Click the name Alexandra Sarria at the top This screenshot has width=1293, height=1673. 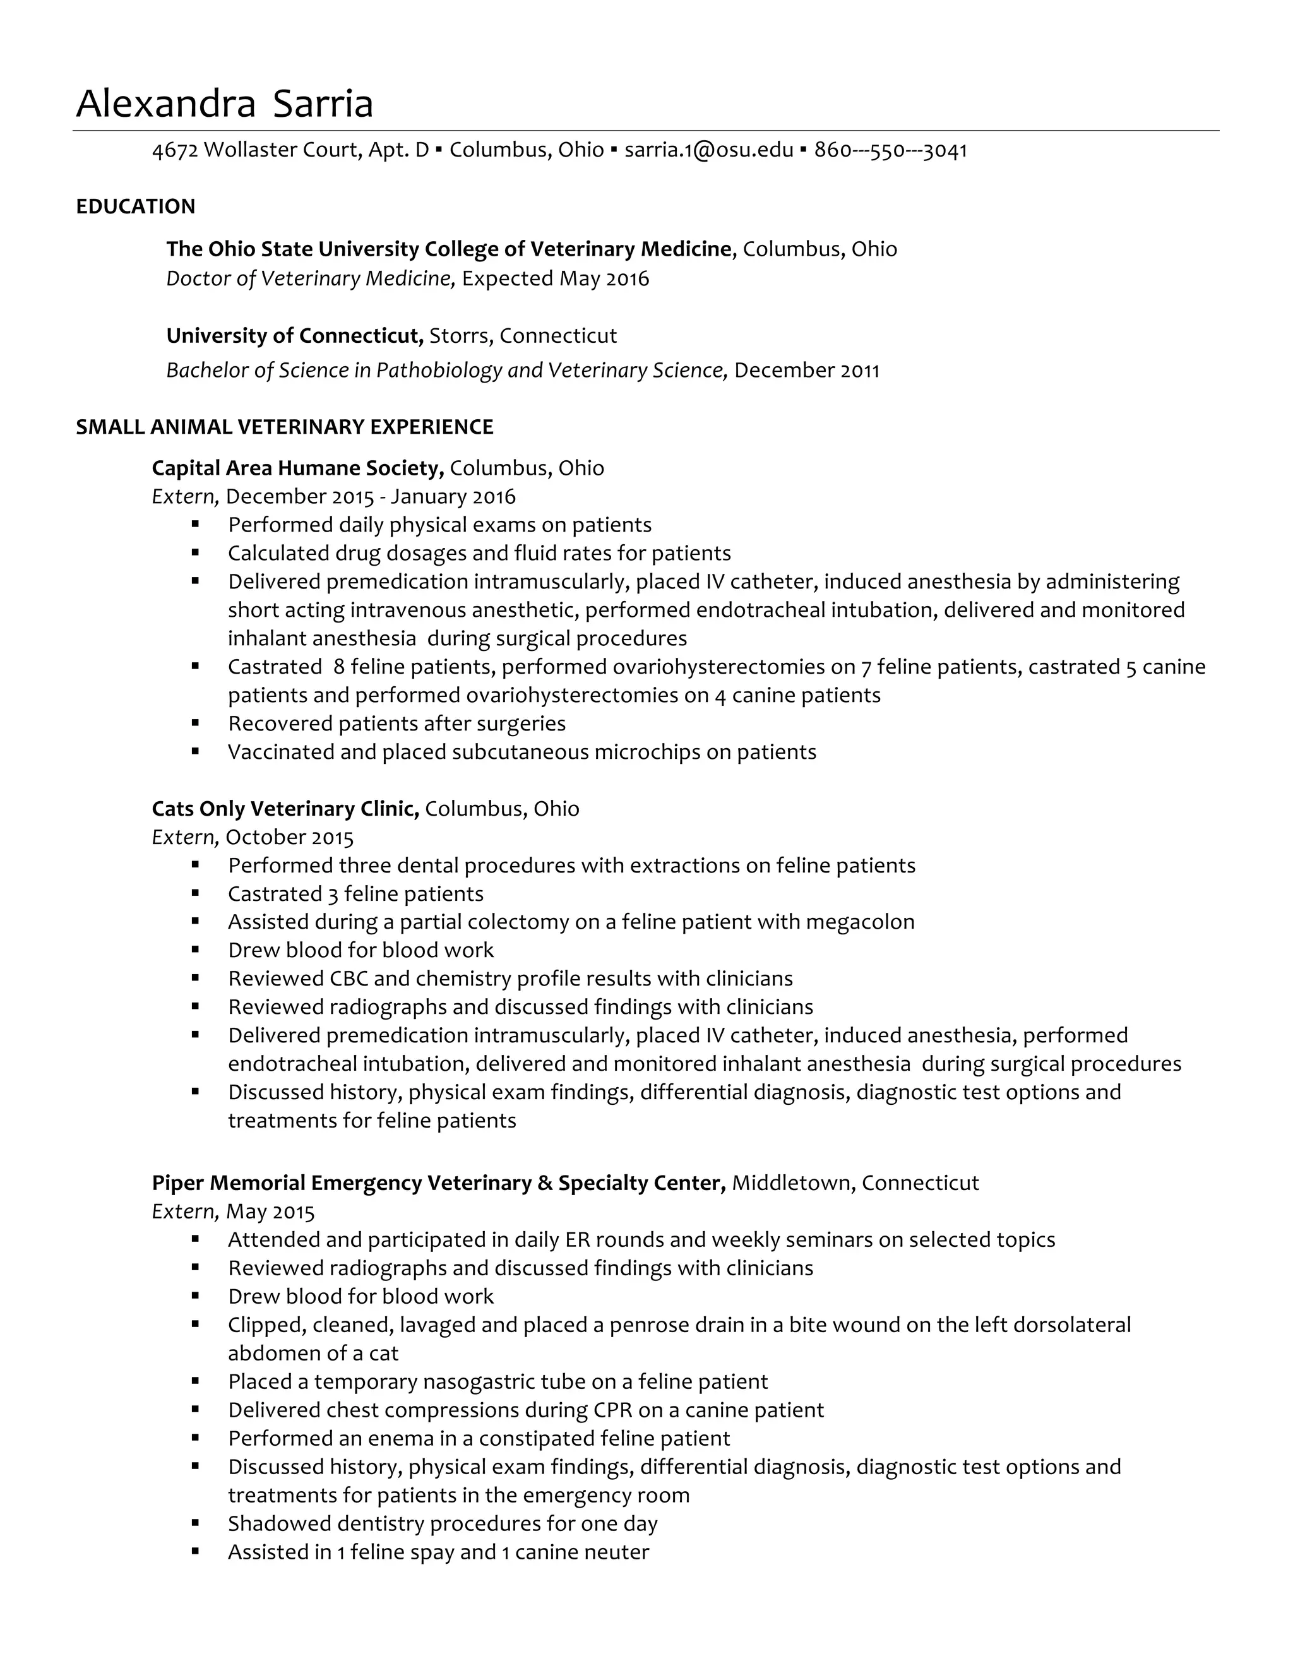click(x=223, y=104)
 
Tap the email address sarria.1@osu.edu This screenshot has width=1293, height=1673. click(x=708, y=150)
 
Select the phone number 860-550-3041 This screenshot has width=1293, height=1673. click(x=890, y=150)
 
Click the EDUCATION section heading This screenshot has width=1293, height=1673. click(x=136, y=207)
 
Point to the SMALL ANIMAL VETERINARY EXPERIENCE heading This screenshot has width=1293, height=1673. click(x=284, y=427)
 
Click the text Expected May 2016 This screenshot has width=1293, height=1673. click(x=556, y=279)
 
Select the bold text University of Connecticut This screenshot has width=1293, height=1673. click(x=295, y=336)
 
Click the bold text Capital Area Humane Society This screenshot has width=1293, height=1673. click(x=298, y=468)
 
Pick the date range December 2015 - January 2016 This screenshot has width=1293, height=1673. click(x=371, y=497)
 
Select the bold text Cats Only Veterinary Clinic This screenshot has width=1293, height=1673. click(x=285, y=809)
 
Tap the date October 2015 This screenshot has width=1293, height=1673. click(x=290, y=837)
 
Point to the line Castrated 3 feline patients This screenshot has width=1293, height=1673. click(x=355, y=894)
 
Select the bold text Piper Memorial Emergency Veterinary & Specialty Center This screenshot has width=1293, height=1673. click(x=438, y=1184)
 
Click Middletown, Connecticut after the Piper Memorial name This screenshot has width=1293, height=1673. click(x=855, y=1184)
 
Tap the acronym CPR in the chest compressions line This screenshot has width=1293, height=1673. click(x=612, y=1410)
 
